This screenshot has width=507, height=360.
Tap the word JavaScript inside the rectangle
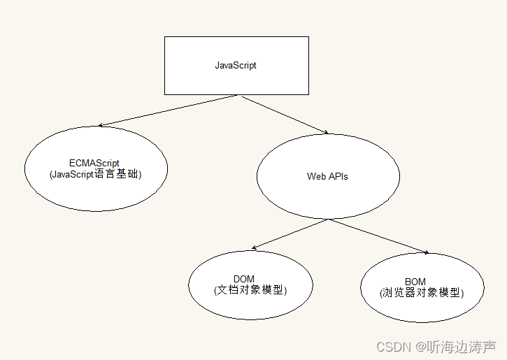click(x=236, y=66)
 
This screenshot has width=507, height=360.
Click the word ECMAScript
click(x=95, y=164)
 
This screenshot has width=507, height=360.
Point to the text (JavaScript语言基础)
click(x=96, y=175)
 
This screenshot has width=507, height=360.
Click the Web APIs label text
click(x=327, y=176)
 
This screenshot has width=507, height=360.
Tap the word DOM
click(x=244, y=280)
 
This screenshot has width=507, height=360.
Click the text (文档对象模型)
click(x=250, y=289)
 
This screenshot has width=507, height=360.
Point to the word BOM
click(x=415, y=282)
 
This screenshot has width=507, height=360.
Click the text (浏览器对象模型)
click(x=422, y=293)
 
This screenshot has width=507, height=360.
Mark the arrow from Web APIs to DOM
click(x=290, y=234)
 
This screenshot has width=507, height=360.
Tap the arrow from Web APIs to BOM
click(x=378, y=236)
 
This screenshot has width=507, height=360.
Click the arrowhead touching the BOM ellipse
click(x=425, y=252)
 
